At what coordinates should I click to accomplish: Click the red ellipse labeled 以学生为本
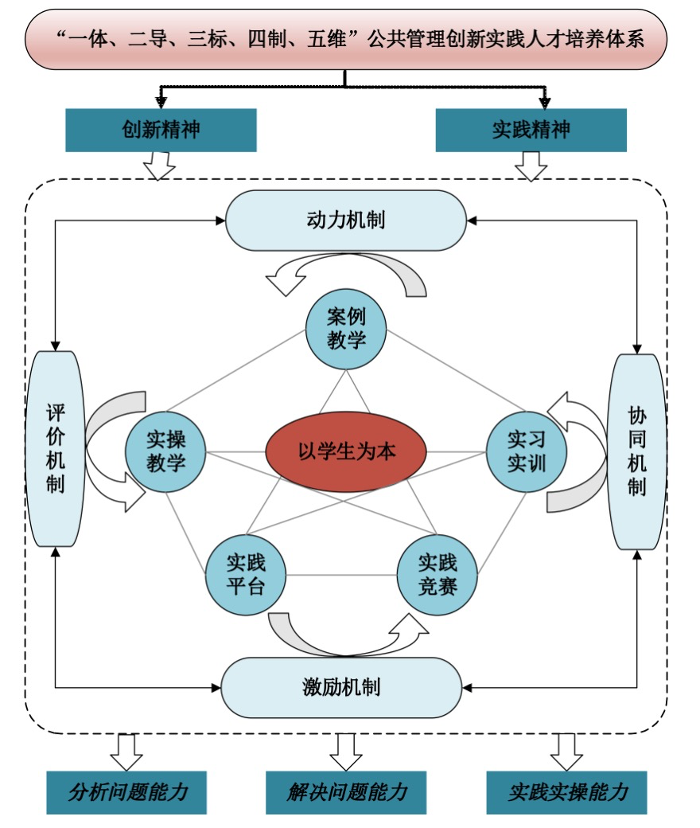[x=346, y=451]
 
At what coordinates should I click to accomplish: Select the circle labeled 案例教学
[x=346, y=328]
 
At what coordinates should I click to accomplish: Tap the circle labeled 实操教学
[x=166, y=453]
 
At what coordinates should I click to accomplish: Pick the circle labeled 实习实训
[x=526, y=451]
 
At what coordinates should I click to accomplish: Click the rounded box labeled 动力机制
[x=346, y=221]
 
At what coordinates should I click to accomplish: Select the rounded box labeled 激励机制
[x=341, y=687]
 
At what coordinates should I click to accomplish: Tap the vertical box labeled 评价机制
[x=55, y=449]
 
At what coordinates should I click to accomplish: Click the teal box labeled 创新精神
[x=161, y=130]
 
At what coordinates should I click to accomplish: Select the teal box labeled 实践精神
[x=531, y=130]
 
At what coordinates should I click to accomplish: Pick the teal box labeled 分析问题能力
[x=126, y=792]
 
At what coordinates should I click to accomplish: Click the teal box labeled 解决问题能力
[x=346, y=792]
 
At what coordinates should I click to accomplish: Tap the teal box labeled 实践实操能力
[x=566, y=792]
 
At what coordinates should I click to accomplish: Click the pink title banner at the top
[x=346, y=38]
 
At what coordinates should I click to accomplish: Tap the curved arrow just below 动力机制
[x=346, y=275]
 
